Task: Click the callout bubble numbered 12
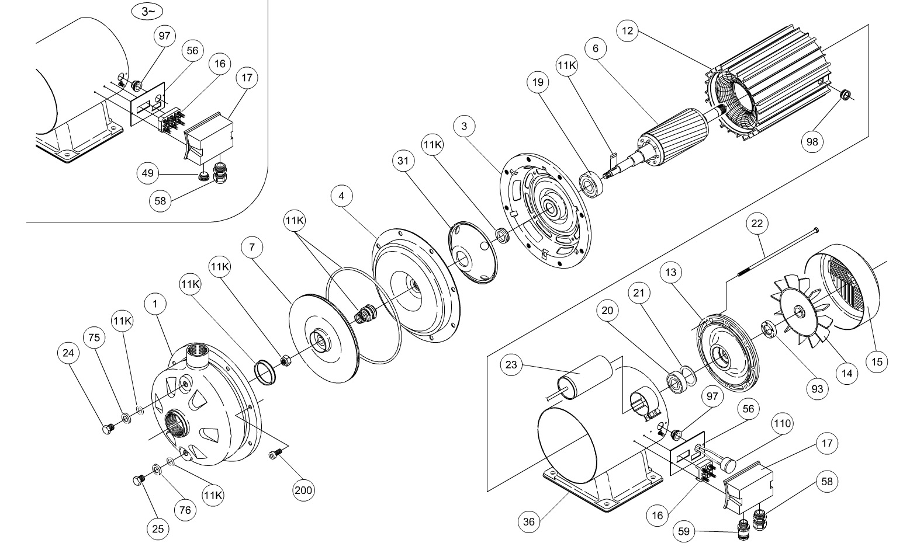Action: point(628,31)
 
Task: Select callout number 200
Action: point(303,490)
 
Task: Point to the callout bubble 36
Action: point(529,521)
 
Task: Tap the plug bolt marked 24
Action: point(108,430)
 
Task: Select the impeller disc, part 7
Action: point(323,339)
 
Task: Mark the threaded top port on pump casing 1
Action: point(195,354)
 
